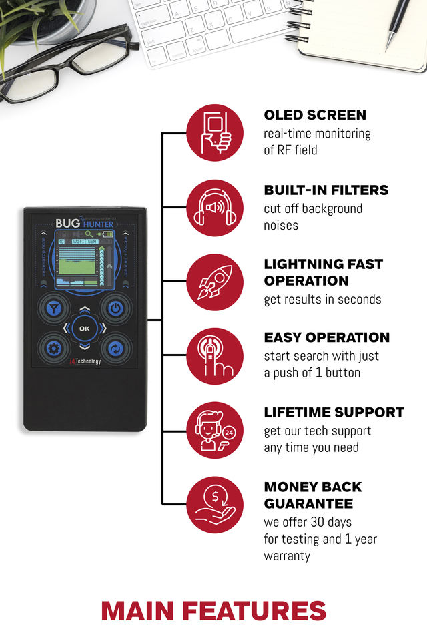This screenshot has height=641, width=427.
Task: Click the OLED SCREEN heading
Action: click(315, 115)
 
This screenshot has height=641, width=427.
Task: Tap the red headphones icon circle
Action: click(215, 208)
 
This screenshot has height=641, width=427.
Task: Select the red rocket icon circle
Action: click(215, 282)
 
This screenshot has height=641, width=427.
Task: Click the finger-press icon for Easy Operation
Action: click(215, 356)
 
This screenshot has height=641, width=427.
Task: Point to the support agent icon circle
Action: click(215, 431)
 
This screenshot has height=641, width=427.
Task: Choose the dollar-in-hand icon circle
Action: click(215, 504)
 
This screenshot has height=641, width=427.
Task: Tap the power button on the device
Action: click(115, 308)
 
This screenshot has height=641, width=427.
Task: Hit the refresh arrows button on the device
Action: click(115, 347)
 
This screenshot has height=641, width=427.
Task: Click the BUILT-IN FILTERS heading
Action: click(326, 190)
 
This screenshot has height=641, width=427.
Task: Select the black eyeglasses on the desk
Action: click(63, 67)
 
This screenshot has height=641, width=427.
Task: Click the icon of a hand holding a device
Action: click(215, 133)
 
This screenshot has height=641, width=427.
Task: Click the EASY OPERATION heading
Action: click(326, 337)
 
